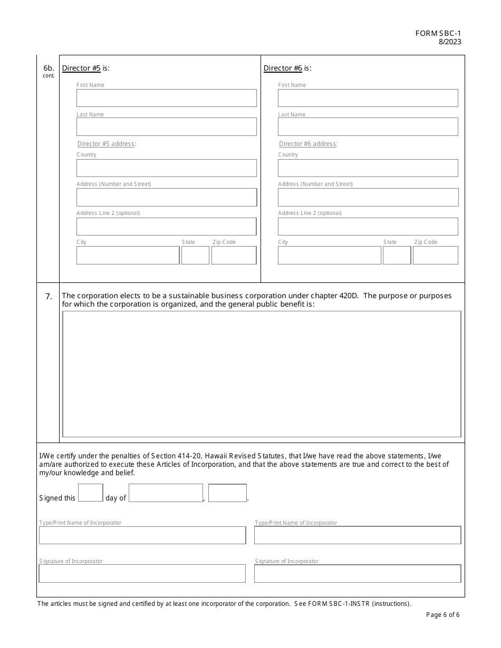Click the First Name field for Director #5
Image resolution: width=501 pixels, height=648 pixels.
(166, 98)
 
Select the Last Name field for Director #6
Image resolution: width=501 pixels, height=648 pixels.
(368, 127)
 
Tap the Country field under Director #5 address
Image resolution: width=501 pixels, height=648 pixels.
(166, 168)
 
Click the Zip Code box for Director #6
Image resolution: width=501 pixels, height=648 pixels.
(435, 255)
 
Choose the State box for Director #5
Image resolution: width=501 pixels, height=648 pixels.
(195, 255)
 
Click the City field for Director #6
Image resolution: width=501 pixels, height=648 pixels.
(329, 255)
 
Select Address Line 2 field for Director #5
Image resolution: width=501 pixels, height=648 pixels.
(166, 227)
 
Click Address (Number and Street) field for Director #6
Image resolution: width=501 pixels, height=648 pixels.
(368, 198)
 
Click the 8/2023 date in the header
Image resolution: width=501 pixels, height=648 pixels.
(449, 42)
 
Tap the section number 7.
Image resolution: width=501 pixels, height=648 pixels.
(49, 297)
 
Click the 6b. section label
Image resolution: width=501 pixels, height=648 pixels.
(49, 68)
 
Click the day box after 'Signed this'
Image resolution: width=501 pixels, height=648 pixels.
(90, 493)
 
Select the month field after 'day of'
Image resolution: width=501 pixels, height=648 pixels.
(166, 493)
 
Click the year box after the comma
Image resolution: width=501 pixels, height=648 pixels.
(227, 493)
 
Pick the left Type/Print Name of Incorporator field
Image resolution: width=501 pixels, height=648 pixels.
(142, 535)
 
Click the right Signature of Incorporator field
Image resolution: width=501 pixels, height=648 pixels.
(358, 574)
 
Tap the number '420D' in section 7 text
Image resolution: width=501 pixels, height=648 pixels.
(348, 296)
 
